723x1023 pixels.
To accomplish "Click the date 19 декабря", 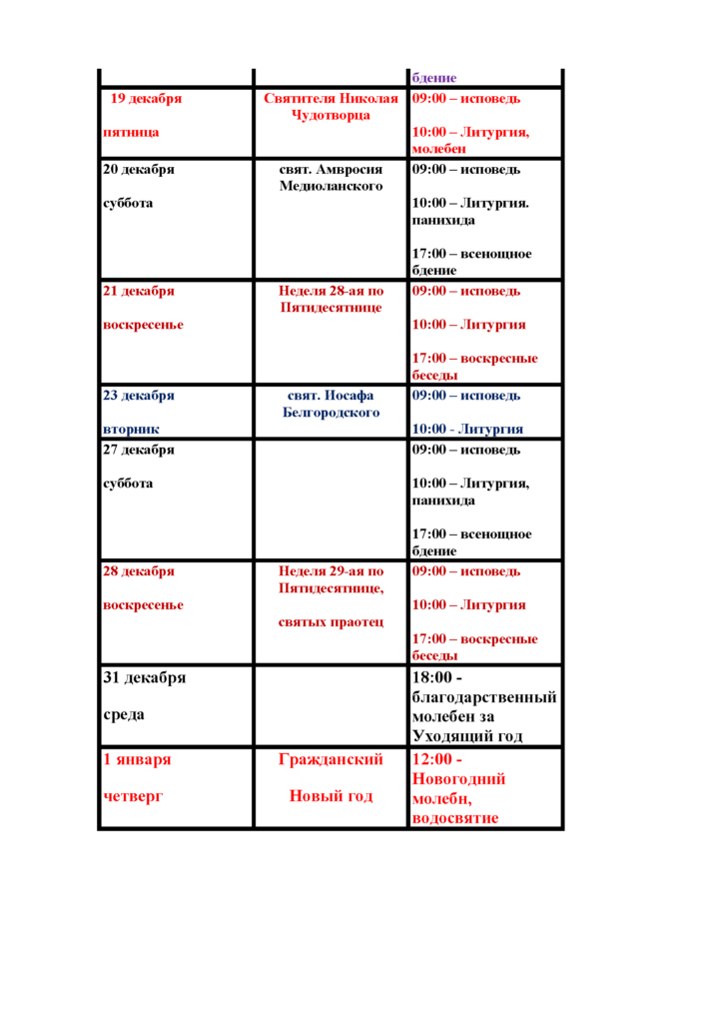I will point(146,99).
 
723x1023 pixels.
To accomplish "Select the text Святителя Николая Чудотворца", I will point(332,107).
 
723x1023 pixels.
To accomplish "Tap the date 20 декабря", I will point(139,169).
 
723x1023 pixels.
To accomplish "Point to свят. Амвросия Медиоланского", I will point(332,178).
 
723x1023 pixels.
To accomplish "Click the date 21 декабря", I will point(139,291).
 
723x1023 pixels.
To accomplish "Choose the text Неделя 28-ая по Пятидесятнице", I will point(332,299).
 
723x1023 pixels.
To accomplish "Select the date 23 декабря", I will point(139,395).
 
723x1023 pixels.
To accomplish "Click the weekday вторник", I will point(132,429).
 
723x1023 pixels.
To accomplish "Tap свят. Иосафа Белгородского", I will point(332,404).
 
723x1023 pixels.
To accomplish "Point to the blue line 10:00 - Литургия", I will point(467,429).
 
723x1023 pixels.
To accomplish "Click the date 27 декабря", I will point(139,450).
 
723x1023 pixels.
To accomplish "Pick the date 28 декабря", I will point(139,571).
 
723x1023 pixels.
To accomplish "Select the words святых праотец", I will point(331,622).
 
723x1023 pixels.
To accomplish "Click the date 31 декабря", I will point(145,677).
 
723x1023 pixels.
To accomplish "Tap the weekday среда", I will point(125,715).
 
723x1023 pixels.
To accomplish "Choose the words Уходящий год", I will point(467,736).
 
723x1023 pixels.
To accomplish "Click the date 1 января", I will point(137,759).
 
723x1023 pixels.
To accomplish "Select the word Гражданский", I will point(332,760).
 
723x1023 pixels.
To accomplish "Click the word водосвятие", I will point(454,818).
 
